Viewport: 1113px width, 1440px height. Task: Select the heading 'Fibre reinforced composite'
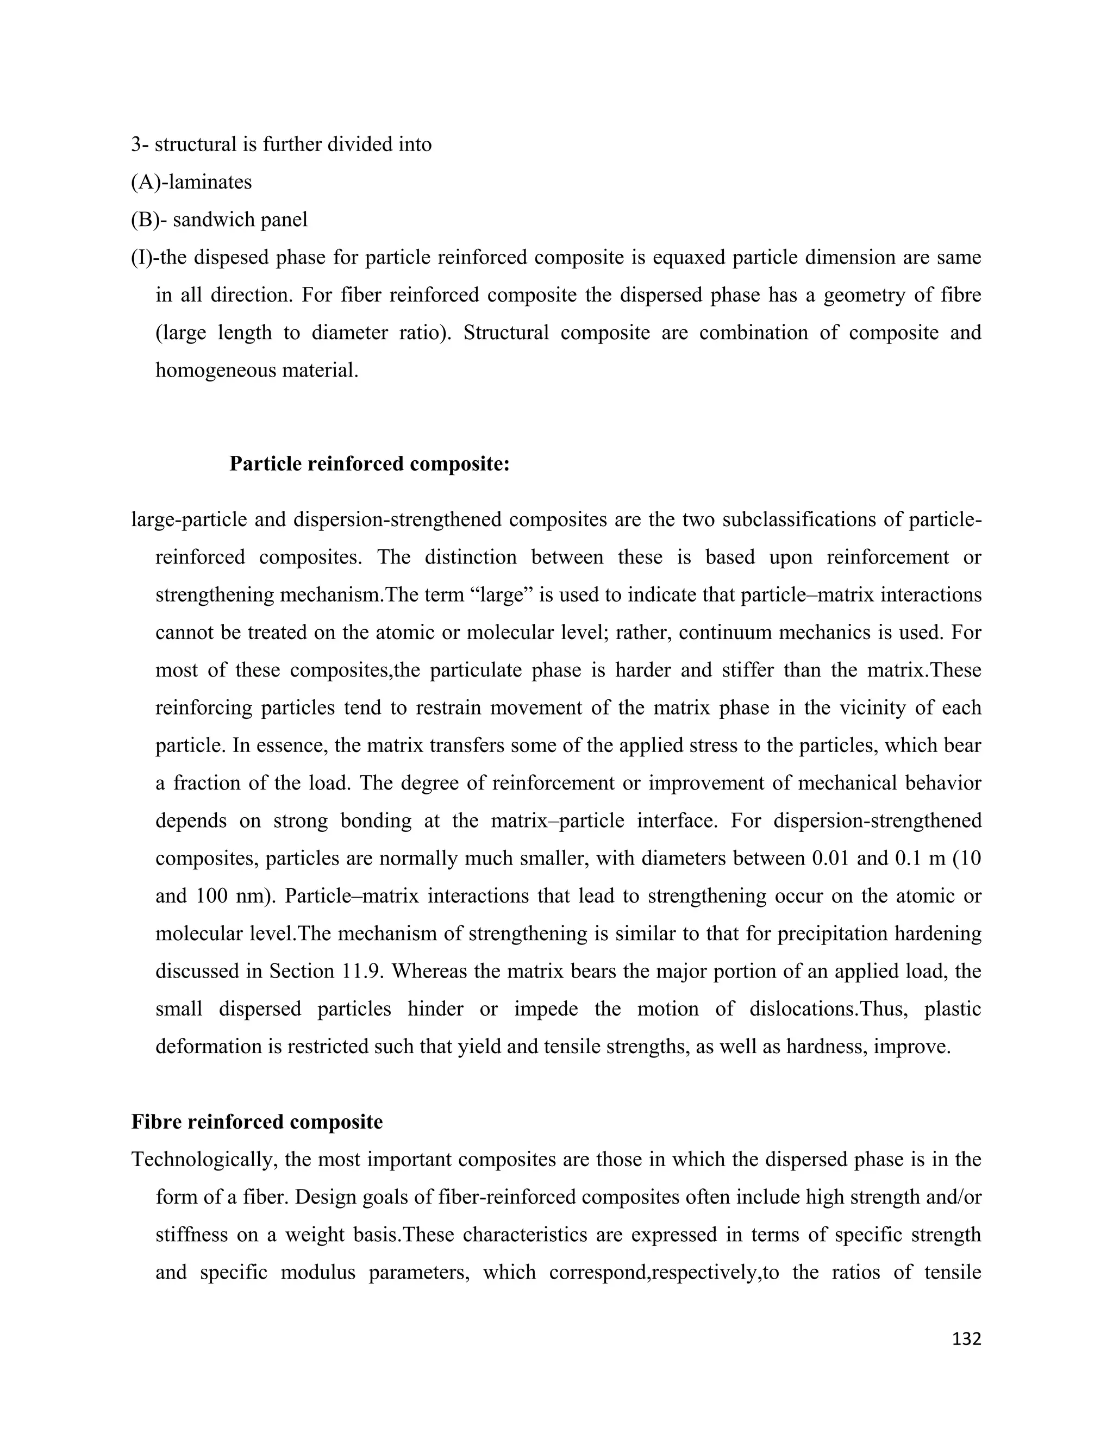pos(257,1122)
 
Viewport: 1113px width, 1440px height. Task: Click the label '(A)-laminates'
pos(191,182)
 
